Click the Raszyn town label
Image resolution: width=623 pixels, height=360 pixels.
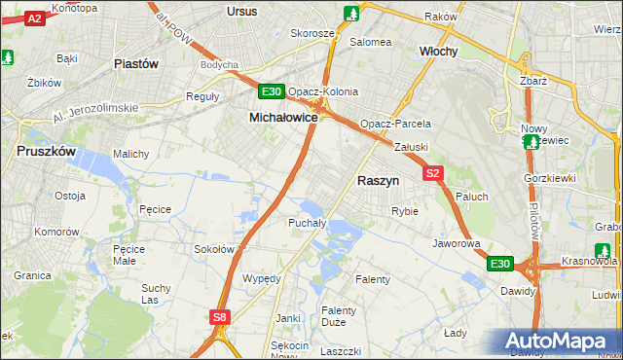tap(380, 180)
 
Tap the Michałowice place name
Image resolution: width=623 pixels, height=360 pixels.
tap(283, 116)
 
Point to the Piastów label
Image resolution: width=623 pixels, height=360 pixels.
tap(135, 64)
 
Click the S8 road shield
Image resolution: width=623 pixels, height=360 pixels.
tap(220, 316)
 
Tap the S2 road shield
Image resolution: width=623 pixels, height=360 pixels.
tap(434, 173)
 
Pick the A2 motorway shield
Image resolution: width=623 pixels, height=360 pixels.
tap(34, 18)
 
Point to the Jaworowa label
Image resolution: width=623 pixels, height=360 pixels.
tap(457, 243)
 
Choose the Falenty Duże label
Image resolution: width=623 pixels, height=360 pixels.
tap(339, 316)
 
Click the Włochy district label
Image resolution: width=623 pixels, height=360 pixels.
tap(438, 51)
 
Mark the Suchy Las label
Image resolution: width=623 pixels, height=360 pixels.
tap(156, 293)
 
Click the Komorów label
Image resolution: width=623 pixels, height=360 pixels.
tap(56, 233)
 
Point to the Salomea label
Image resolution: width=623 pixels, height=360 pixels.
tap(370, 42)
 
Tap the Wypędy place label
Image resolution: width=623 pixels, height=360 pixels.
tap(261, 278)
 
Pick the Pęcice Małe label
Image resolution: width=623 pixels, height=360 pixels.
tap(129, 255)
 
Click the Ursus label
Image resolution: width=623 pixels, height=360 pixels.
tap(240, 11)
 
